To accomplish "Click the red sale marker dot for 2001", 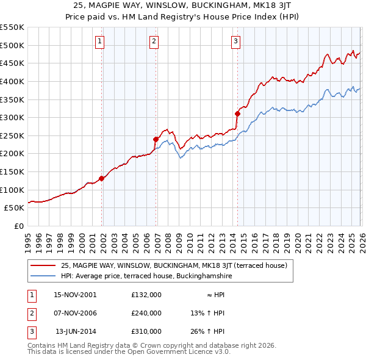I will [102, 178].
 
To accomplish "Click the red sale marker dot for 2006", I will [156, 139].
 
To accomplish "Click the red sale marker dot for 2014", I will [238, 113].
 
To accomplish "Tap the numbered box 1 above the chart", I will [99, 41].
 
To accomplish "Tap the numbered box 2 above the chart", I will [153, 41].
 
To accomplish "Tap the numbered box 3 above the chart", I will [235, 41].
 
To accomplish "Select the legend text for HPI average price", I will [146, 276].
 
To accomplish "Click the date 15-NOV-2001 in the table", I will [75, 295].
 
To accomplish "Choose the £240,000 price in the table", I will [146, 313].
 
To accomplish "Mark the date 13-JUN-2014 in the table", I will [76, 331].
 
